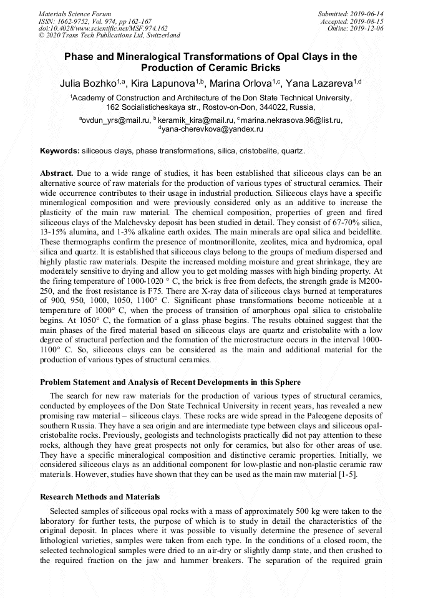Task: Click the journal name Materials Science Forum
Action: (75, 14)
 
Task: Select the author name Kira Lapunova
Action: (165, 83)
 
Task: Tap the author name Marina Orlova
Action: (241, 83)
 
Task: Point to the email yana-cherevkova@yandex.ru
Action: (213, 129)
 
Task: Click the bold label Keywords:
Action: (60, 152)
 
